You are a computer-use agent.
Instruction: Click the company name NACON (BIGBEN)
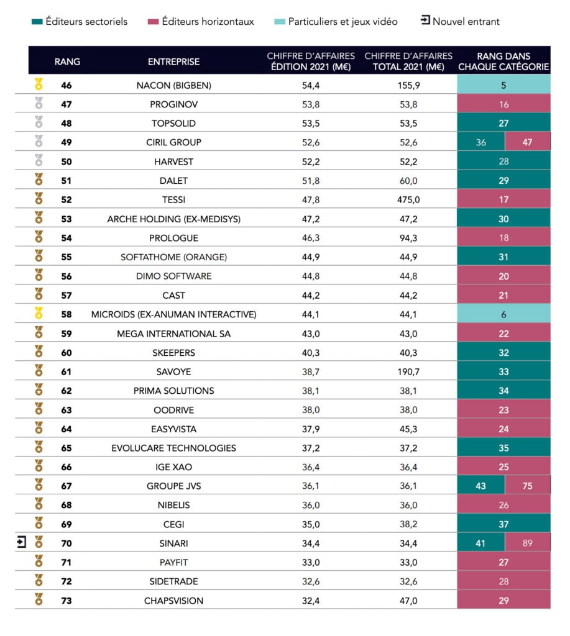pyautogui.click(x=174, y=86)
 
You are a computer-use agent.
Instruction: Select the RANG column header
pyautogui.click(x=67, y=61)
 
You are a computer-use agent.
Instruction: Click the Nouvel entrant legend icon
pyautogui.click(x=425, y=20)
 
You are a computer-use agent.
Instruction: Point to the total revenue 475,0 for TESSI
pyautogui.click(x=408, y=200)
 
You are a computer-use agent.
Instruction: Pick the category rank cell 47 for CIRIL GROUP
pyautogui.click(x=527, y=142)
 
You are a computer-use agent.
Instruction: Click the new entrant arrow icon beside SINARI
pyautogui.click(x=22, y=542)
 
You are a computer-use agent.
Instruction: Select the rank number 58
pyautogui.click(x=66, y=314)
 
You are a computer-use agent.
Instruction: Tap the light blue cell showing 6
pyautogui.click(x=504, y=314)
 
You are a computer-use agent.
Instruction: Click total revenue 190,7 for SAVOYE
pyautogui.click(x=408, y=372)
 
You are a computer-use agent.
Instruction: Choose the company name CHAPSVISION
pyautogui.click(x=174, y=601)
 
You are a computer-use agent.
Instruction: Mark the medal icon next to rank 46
pyautogui.click(x=39, y=84)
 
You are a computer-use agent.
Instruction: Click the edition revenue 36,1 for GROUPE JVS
pyautogui.click(x=311, y=486)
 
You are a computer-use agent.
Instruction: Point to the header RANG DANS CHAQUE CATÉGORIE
pyautogui.click(x=504, y=61)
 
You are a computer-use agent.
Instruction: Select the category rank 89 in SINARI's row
pyautogui.click(x=527, y=543)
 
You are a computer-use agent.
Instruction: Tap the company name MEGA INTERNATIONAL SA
pyautogui.click(x=174, y=334)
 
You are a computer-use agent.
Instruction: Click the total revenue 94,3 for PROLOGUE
pyautogui.click(x=408, y=238)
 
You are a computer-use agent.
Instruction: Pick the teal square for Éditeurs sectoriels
pyautogui.click(x=37, y=22)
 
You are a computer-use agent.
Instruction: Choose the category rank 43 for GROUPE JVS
pyautogui.click(x=481, y=486)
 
